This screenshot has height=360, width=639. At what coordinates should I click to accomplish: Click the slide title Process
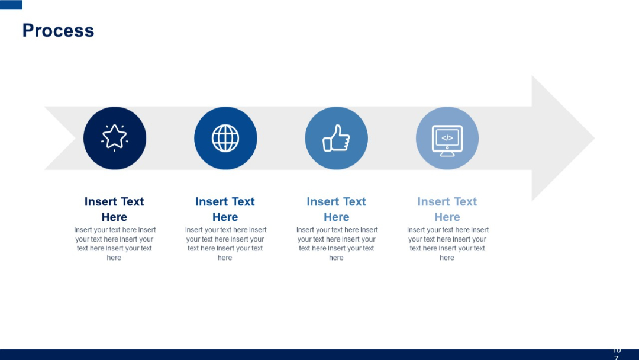pos(58,31)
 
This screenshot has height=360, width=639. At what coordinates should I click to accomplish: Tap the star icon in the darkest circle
pos(115,137)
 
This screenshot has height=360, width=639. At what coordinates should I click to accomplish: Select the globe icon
pos(225,138)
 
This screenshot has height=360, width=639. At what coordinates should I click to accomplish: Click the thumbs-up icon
pos(336,138)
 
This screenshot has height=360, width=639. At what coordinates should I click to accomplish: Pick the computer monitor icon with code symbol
pos(447,141)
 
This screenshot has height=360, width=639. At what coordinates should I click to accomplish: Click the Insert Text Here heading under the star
pos(114,209)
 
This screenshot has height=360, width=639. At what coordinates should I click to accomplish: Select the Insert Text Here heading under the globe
pos(225,209)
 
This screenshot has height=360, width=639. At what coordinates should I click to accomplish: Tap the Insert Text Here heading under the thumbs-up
pos(336,209)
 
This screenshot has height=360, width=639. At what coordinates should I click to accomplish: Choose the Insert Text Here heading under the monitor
pos(447,209)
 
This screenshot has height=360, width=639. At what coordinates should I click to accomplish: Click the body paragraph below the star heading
pos(114,243)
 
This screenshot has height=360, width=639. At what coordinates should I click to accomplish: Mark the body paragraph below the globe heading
pos(225,243)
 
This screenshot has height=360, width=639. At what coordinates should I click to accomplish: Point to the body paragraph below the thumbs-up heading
pos(336,243)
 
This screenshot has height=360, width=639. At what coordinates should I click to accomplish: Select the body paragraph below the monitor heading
pos(447,243)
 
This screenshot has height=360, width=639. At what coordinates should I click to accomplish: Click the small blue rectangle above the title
pos(11,5)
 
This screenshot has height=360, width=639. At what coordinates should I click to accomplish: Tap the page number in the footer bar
pos(617,354)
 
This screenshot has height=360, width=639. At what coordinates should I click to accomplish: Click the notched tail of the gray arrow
pos(59,138)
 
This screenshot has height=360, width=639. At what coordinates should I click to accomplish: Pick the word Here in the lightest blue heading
pos(447,217)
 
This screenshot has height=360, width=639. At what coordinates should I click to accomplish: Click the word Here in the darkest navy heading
pos(114,217)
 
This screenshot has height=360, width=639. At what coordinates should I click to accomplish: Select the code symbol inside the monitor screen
pos(447,138)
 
